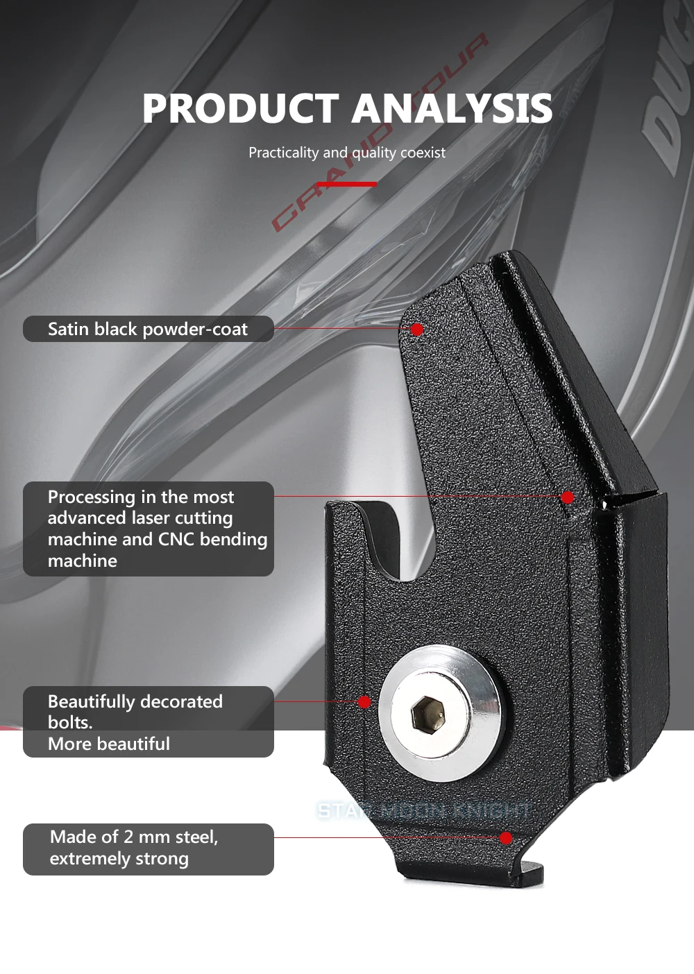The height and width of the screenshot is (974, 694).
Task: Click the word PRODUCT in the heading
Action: click(241, 108)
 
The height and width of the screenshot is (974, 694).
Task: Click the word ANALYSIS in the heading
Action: click(452, 108)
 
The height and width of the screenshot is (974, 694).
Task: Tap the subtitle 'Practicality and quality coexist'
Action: click(347, 153)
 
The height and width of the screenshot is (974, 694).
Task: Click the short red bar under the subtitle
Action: click(347, 184)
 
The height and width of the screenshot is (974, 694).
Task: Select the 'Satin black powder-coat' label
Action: click(148, 329)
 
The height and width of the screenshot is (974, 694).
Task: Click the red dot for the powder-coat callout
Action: click(417, 330)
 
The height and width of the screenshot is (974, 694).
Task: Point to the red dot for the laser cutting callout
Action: click(568, 497)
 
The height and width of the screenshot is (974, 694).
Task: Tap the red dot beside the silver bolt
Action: click(364, 701)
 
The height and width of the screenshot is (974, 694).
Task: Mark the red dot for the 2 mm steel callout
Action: click(506, 838)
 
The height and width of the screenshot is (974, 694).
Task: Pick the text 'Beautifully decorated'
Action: click(135, 701)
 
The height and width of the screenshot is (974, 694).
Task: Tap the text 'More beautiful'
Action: click(109, 744)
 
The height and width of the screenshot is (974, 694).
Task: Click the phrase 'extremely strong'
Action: click(119, 859)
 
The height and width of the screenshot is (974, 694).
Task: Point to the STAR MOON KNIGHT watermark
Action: click(424, 810)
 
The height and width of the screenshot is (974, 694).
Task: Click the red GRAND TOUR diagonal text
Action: click(380, 132)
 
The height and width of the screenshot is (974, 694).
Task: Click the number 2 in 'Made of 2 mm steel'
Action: click(128, 837)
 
